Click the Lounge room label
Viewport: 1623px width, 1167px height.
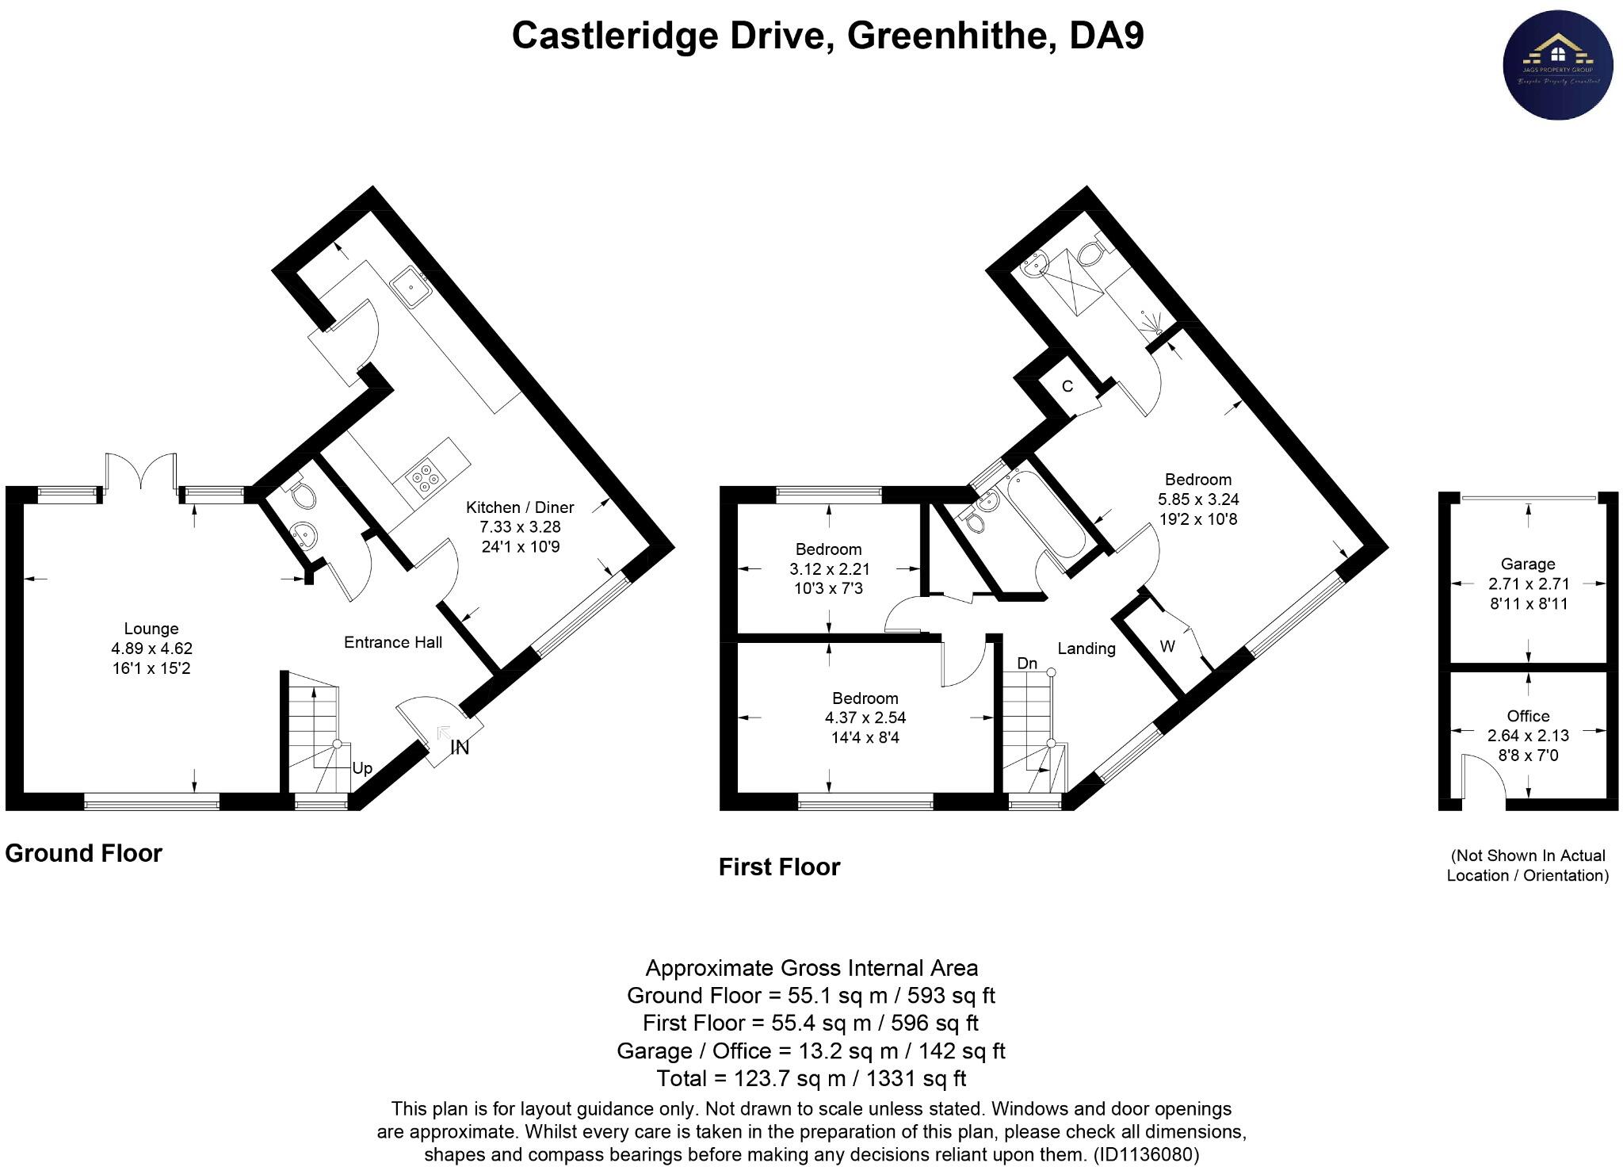click(x=151, y=629)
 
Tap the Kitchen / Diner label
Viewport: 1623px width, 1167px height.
click(x=520, y=507)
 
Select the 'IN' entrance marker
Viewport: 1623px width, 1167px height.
click(x=460, y=747)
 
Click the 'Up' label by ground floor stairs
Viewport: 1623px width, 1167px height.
click(x=362, y=768)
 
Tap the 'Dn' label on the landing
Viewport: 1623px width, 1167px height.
click(x=1027, y=663)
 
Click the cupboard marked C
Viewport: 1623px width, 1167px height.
click(x=1067, y=386)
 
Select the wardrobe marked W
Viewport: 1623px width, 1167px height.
click(x=1167, y=646)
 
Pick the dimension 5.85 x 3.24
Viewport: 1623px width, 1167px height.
click(x=1198, y=499)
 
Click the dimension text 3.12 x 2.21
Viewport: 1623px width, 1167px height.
click(x=829, y=568)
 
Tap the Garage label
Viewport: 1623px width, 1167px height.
click(x=1528, y=564)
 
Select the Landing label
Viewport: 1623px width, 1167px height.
click(x=1086, y=649)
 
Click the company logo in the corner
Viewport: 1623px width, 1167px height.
click(x=1558, y=65)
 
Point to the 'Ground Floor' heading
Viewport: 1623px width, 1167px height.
click(x=84, y=853)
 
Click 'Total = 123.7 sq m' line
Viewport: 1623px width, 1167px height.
click(x=811, y=1078)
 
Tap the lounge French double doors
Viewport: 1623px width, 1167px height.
click(x=141, y=473)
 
